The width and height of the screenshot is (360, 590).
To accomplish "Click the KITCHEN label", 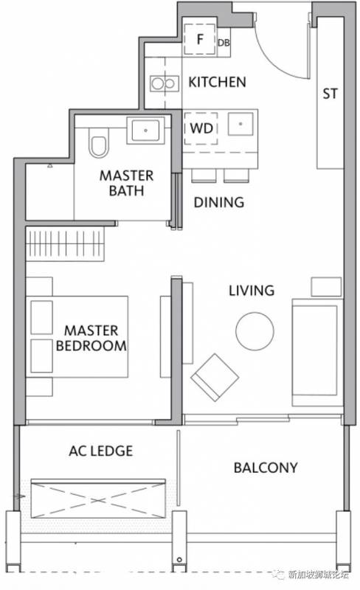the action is (217, 82).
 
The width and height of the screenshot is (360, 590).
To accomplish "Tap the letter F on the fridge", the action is (201, 39).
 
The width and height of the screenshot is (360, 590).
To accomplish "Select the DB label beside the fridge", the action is (224, 43).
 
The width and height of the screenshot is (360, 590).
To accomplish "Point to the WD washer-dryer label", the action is (201, 128).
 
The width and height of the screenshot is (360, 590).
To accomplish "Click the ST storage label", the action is (330, 94).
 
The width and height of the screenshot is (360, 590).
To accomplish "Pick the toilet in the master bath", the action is (99, 142).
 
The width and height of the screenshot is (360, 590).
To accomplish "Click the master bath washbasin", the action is (145, 131).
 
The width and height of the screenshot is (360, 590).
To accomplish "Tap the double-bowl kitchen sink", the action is (164, 83).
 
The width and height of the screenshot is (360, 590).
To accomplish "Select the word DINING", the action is (219, 202).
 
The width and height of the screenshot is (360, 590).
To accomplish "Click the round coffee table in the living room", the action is (255, 331).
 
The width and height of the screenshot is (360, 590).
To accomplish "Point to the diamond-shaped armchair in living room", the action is (214, 378).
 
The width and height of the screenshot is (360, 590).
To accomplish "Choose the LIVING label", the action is (252, 291).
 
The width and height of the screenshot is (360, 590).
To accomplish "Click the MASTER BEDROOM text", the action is (91, 339).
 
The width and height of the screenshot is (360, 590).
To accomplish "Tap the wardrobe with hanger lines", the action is (65, 243).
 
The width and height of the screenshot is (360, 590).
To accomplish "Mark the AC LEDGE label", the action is (100, 451).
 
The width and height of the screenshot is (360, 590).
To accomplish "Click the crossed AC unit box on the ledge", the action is (98, 499).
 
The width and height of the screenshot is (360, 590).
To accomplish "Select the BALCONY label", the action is (266, 468).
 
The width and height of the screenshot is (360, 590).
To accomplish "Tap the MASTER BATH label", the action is (127, 183).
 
